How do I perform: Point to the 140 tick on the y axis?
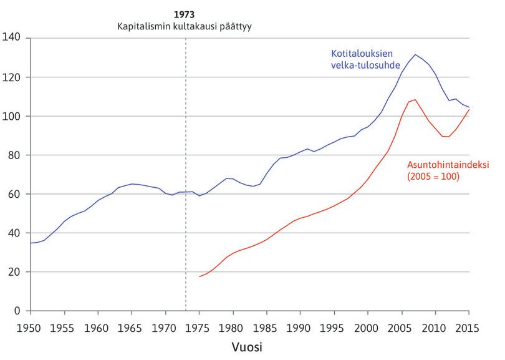[x=12, y=38]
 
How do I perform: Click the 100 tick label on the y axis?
[x=12, y=116]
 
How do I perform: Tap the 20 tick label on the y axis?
[x=15, y=272]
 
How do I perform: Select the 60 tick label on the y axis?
[x=15, y=194]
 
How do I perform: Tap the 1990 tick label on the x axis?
[x=300, y=327]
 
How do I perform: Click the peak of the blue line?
[x=415, y=54]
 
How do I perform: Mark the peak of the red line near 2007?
[x=415, y=100]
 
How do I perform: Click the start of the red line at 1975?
[x=200, y=276]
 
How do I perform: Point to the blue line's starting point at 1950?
[x=30, y=243]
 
